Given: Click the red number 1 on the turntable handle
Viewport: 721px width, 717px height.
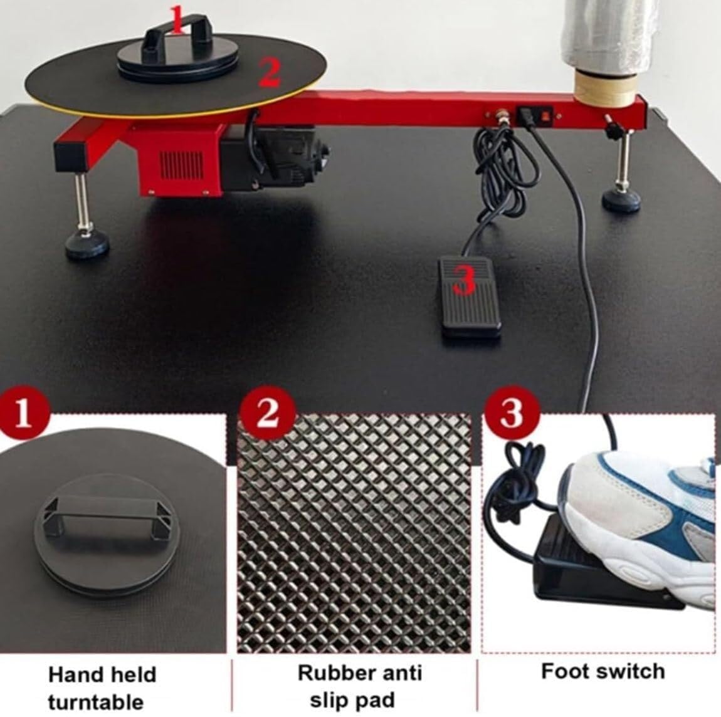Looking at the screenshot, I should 177,19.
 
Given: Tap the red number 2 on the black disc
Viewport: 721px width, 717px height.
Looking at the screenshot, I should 269,74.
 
